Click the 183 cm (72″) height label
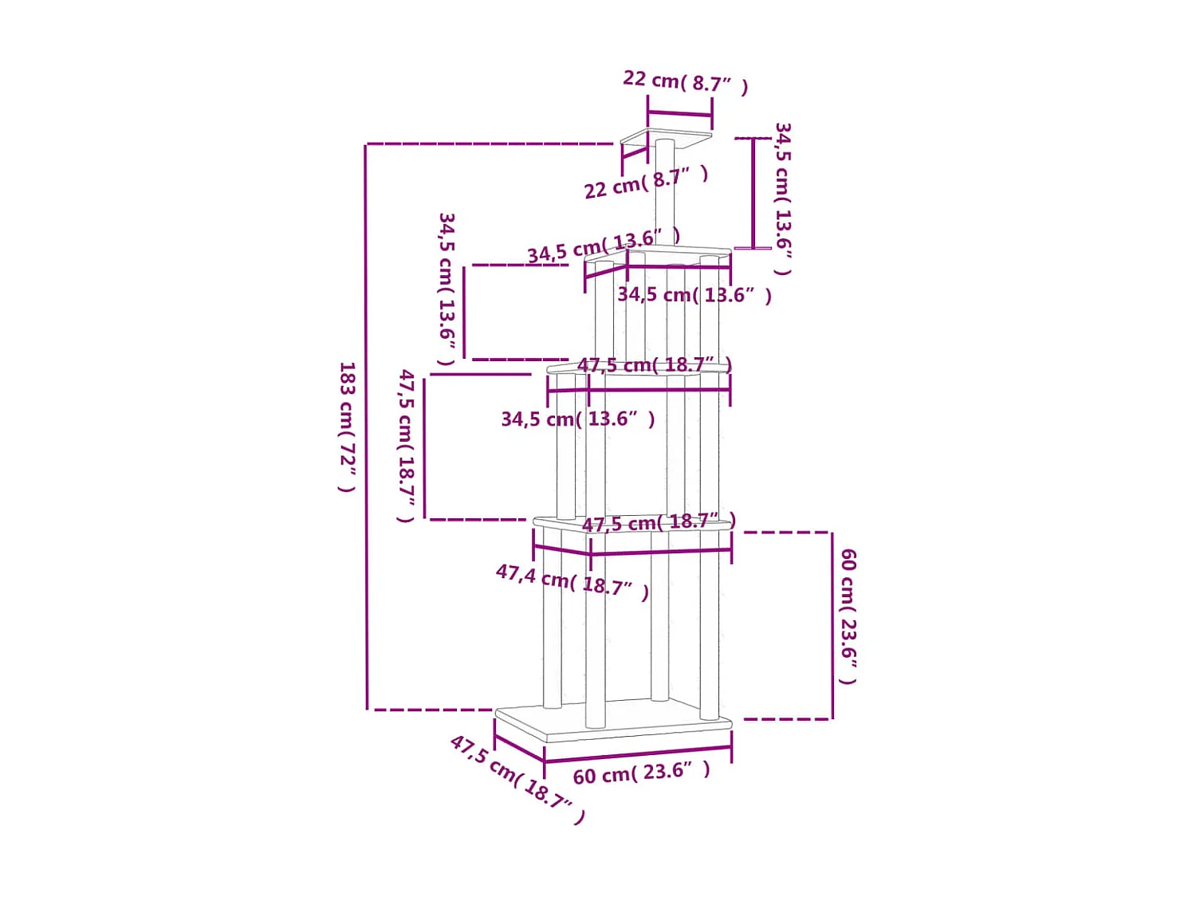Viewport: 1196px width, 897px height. (x=347, y=427)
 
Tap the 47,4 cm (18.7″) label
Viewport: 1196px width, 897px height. (x=572, y=581)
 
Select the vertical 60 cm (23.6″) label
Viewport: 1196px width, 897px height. (x=848, y=616)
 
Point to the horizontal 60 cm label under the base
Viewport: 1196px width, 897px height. (x=641, y=773)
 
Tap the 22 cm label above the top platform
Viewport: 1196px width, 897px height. (x=685, y=81)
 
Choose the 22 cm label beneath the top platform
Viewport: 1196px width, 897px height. (x=646, y=183)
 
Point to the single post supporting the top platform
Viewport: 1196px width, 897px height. (x=664, y=191)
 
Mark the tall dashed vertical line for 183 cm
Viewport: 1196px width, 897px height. (x=367, y=427)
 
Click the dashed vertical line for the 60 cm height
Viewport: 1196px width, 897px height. (x=832, y=626)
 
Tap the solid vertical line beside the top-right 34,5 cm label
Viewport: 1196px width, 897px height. (x=753, y=193)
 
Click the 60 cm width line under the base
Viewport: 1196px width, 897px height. (x=638, y=753)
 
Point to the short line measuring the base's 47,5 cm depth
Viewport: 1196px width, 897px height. (x=519, y=747)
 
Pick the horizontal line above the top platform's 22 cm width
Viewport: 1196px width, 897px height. (x=679, y=113)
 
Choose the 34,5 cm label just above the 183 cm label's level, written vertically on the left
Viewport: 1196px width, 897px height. (x=447, y=288)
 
